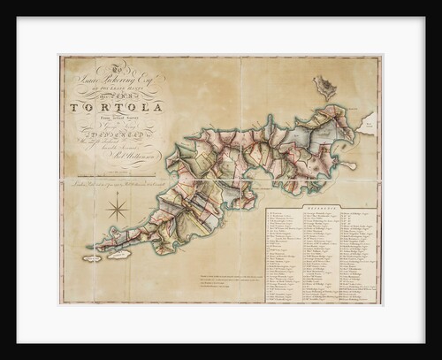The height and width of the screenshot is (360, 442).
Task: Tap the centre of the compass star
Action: (x=117, y=211)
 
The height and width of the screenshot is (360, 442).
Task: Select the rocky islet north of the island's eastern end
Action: (x=324, y=87)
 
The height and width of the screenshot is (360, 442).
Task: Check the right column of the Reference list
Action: (x=356, y=257)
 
